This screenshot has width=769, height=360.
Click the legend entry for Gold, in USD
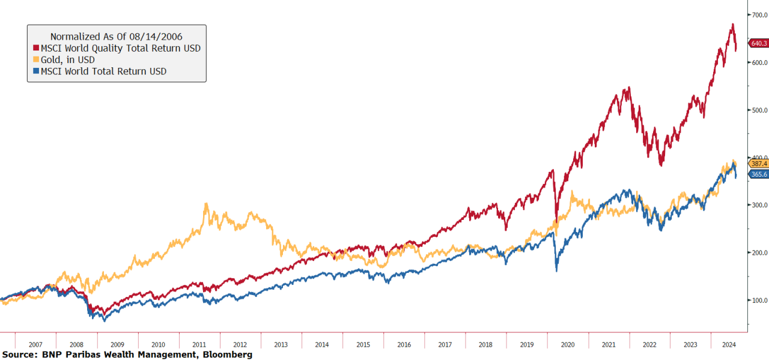pyautogui.click(x=67, y=59)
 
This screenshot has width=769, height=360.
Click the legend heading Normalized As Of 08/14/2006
pyautogui.click(x=116, y=37)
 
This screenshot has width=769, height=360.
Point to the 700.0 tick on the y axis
pyautogui.click(x=758, y=15)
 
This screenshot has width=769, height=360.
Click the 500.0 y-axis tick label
pyautogui.click(x=758, y=110)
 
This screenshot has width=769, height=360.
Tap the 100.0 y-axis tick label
pyautogui.click(x=758, y=300)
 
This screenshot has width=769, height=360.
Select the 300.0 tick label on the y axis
pyautogui.click(x=758, y=205)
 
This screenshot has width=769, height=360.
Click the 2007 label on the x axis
pyautogui.click(x=35, y=344)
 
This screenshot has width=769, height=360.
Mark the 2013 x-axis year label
pyautogui.click(x=281, y=344)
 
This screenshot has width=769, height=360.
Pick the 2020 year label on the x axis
pyautogui.click(x=568, y=344)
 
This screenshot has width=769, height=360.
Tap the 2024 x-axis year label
pyautogui.click(x=729, y=344)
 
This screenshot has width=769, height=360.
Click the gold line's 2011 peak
pyautogui.click(x=206, y=204)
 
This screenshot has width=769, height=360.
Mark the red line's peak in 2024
pyautogui.click(x=732, y=25)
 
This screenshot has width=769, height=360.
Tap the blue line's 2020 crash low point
pyautogui.click(x=556, y=271)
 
